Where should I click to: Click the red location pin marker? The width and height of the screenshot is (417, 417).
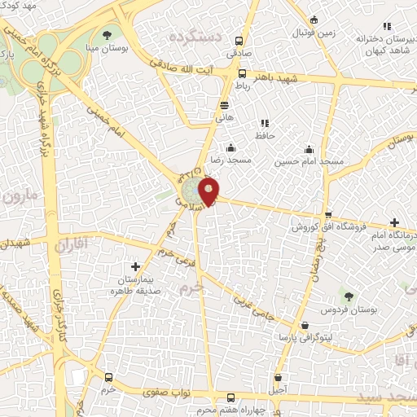click(x=209, y=192)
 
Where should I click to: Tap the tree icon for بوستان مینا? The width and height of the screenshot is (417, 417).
click(x=108, y=33)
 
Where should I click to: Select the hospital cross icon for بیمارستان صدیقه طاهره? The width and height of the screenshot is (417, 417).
click(x=135, y=266)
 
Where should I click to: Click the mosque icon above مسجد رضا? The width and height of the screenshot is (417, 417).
click(x=231, y=147)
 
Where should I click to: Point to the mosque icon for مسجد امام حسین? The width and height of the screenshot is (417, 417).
click(x=309, y=149)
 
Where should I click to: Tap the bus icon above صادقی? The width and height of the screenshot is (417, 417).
click(x=239, y=42)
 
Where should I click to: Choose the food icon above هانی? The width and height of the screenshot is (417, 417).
click(x=224, y=105)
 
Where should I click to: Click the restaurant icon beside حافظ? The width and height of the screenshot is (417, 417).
click(x=265, y=124)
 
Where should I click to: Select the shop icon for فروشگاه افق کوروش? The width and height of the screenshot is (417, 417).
click(x=328, y=215)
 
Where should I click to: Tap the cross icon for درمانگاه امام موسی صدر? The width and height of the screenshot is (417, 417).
click(x=394, y=222)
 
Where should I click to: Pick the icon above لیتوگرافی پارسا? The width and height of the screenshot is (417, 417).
click(x=305, y=325)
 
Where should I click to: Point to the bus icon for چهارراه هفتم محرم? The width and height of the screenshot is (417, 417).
click(x=230, y=398)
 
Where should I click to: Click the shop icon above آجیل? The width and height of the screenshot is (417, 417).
click(x=280, y=378)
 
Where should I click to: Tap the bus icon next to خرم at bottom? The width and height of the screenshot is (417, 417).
click(x=109, y=378)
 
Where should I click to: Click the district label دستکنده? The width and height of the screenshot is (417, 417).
click(x=194, y=37)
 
